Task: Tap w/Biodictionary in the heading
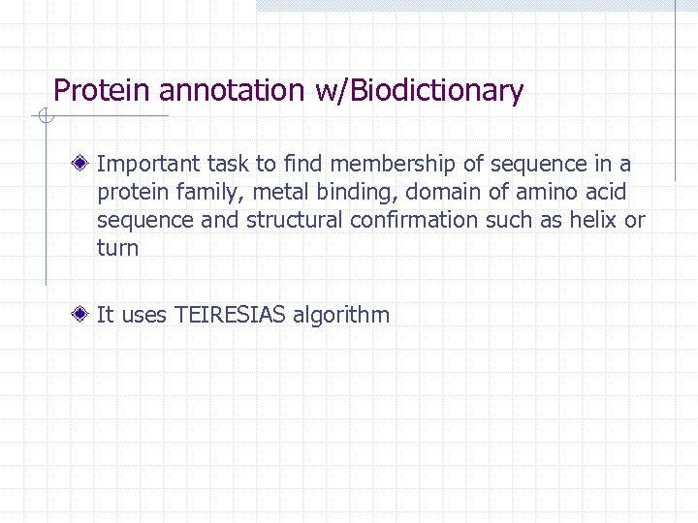pyautogui.click(x=419, y=91)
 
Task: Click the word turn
pyautogui.click(x=117, y=249)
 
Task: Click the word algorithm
pyautogui.click(x=341, y=315)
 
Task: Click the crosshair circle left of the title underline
pyautogui.click(x=44, y=117)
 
